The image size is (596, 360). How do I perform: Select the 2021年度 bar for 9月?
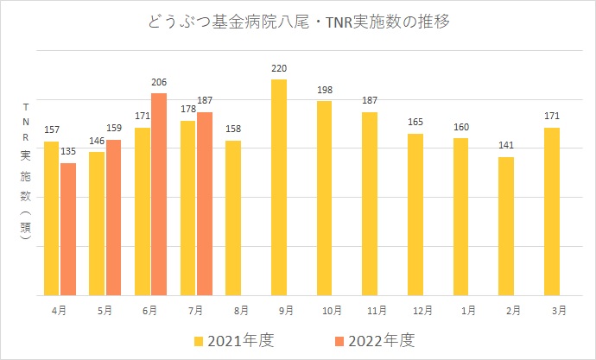point(279,187)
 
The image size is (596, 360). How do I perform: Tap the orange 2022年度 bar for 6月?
point(159,194)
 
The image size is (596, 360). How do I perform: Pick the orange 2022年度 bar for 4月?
point(68,229)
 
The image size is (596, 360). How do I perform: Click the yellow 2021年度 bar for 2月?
point(506,225)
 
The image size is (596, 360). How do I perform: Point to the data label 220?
point(279,67)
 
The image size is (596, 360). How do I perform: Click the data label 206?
point(159,81)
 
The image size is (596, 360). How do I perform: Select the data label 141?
point(506,145)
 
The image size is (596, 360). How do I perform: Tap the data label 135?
point(68,151)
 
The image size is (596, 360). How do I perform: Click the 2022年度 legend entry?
point(373,339)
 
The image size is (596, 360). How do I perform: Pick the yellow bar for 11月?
point(370,203)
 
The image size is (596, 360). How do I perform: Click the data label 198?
point(325,89)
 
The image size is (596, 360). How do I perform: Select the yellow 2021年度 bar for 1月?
point(460,216)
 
